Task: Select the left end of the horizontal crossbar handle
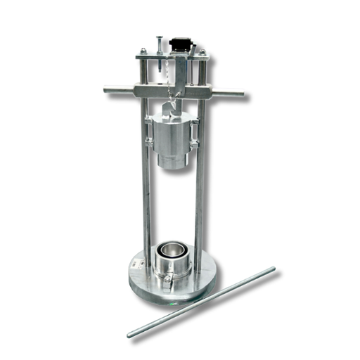pos(107,89)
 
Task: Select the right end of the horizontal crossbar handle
pos(244,92)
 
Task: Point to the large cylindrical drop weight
pos(172,137)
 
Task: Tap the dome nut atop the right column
pos(202,52)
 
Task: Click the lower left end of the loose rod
pos(131,334)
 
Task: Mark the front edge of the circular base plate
pos(172,300)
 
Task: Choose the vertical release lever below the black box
pos(181,74)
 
